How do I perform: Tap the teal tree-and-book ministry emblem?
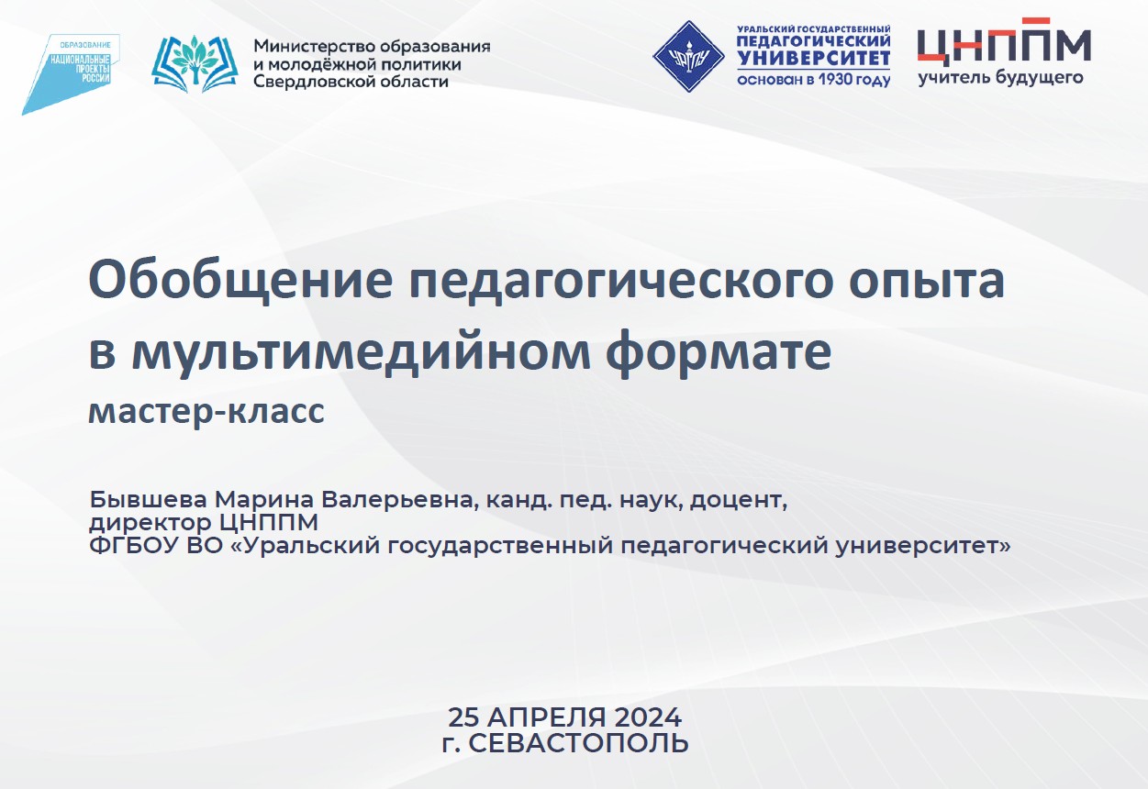[x=195, y=64]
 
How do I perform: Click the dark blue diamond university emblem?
[x=688, y=56]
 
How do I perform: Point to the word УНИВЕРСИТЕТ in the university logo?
[x=813, y=59]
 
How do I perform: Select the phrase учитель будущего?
[x=1000, y=78]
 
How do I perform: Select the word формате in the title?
[x=719, y=353]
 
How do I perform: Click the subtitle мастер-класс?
[x=206, y=412]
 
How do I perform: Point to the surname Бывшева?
[x=148, y=499]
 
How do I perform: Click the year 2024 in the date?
[x=648, y=717]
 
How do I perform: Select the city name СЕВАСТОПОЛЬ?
[x=579, y=743]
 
